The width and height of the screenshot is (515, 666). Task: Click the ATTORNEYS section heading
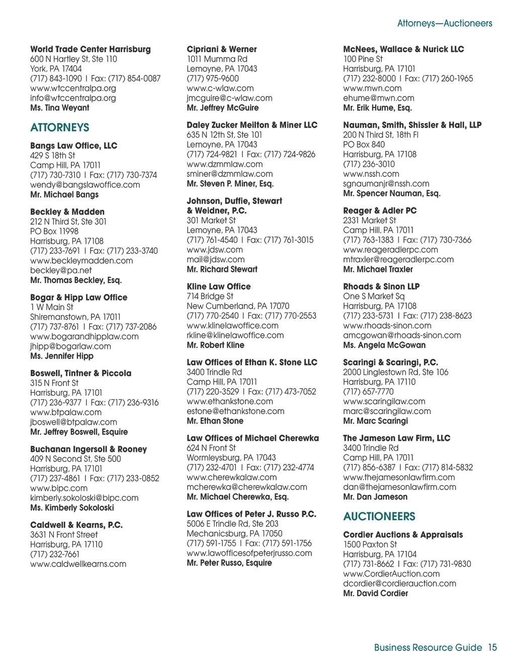pyautogui.click(x=59, y=128)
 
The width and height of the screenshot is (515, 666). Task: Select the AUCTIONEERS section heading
pyautogui.click(x=379, y=517)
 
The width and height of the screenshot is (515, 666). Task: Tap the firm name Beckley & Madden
pyautogui.click(x=67, y=212)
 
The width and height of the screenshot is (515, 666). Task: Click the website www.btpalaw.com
pyautogui.click(x=66, y=412)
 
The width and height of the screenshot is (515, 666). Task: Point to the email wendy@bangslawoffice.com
pyautogui.click(x=85, y=184)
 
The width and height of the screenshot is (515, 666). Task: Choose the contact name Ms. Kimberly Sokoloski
pyautogui.click(x=72, y=508)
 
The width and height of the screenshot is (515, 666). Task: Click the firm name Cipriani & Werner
pyautogui.click(x=222, y=49)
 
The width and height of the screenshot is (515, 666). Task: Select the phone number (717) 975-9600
pyautogui.click(x=213, y=78)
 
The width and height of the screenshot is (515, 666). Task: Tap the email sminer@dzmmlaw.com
pyautogui.click(x=230, y=174)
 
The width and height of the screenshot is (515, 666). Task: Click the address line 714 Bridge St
pyautogui.click(x=210, y=296)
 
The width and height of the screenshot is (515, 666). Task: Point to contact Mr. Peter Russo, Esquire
pyautogui.click(x=229, y=563)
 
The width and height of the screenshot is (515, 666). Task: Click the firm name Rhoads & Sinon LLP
pyautogui.click(x=381, y=287)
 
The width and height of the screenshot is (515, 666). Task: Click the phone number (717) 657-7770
pyautogui.click(x=369, y=392)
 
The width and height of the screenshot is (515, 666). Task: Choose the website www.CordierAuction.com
pyautogui.click(x=391, y=574)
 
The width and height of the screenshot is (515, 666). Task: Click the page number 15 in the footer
pyautogui.click(x=492, y=647)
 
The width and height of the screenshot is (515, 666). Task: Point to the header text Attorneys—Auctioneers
pyautogui.click(x=445, y=23)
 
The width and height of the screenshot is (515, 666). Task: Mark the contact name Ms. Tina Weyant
pyautogui.click(x=60, y=108)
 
